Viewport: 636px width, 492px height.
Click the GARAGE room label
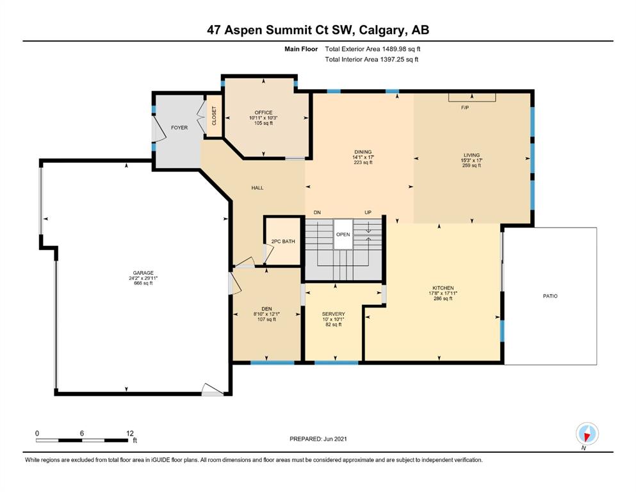pos(143,273)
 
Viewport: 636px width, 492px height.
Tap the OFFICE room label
pos(264,113)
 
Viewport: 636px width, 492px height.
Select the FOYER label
pos(179,127)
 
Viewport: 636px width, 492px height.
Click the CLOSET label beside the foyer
pos(214,115)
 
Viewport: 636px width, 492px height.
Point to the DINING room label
pos(363,152)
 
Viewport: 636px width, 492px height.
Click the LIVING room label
pos(472,155)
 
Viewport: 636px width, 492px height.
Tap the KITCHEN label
pos(443,288)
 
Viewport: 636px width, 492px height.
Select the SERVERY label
pos(334,314)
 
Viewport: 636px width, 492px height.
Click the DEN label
pos(266,309)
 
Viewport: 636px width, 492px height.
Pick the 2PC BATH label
pos(283,242)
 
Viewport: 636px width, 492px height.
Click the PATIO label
pos(550,296)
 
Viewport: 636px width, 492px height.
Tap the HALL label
pos(257,188)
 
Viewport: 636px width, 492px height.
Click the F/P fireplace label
pos(465,108)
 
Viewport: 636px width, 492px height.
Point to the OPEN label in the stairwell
pos(343,234)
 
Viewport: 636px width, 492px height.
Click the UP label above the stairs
pos(368,213)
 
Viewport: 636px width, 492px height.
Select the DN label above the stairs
pos(317,213)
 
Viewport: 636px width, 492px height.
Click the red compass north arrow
pos(586,436)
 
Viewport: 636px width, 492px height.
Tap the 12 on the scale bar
pos(130,433)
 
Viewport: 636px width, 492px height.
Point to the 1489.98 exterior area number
pos(394,49)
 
